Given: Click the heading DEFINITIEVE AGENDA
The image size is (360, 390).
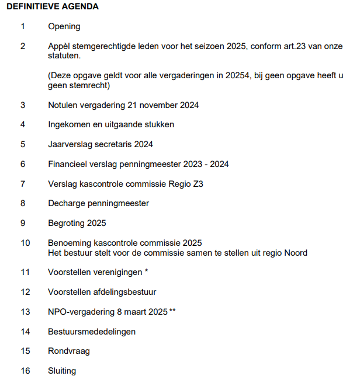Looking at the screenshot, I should [x=53, y=7].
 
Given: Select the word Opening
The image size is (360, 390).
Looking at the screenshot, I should [x=64, y=26].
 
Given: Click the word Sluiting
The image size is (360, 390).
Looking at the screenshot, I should [x=62, y=371].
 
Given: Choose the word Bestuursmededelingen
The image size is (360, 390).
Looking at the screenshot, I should [x=92, y=332].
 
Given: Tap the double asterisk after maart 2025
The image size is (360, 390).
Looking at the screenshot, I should [x=172, y=311].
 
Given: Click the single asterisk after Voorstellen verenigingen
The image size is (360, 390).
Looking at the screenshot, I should [x=146, y=271].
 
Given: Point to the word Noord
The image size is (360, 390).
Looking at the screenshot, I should [x=296, y=253].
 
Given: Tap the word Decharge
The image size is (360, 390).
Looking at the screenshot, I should [x=66, y=203].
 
